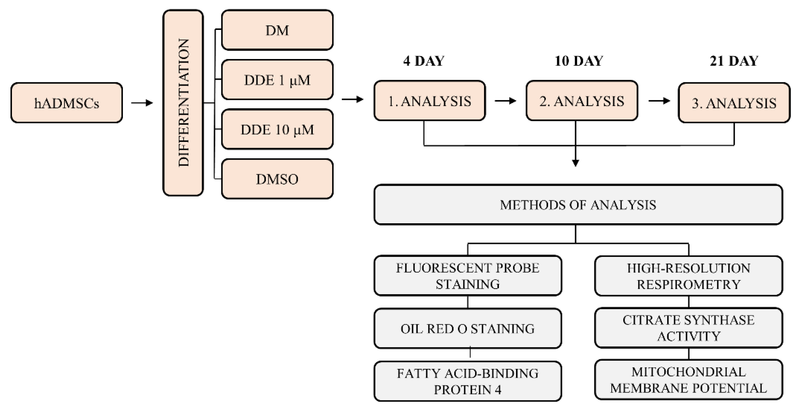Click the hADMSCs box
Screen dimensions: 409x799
67,103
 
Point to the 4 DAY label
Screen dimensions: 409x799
424,61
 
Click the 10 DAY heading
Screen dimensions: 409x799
579,61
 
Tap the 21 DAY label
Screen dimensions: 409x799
734,61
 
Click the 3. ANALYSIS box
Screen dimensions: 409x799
734,103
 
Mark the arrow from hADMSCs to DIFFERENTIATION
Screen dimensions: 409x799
142,103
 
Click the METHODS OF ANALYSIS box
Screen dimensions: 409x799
578,205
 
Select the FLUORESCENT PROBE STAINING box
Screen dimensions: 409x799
468,276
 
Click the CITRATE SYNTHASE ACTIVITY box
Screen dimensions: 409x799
689,328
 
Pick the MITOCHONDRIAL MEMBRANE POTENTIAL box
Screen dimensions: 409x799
689,380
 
